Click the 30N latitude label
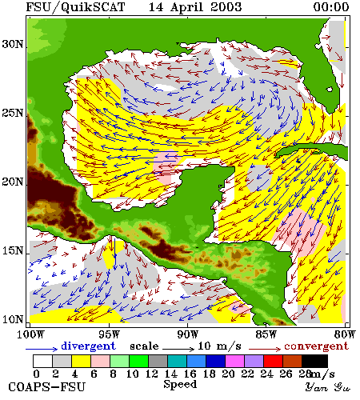(x=13, y=44)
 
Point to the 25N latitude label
(x=13, y=113)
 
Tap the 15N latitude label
(x=13, y=250)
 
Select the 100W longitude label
(x=30, y=334)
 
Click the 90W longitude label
(x=188, y=334)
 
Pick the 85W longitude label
(x=266, y=334)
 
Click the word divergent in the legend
(x=88, y=346)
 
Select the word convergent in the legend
(x=317, y=346)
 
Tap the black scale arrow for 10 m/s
(x=178, y=349)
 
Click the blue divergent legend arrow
(x=42, y=349)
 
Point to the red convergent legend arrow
(x=265, y=349)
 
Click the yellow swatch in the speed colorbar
(x=81, y=361)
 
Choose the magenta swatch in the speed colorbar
(x=234, y=361)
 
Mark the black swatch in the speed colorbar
(x=314, y=361)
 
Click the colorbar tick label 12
(x=152, y=374)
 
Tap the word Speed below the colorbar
(x=180, y=385)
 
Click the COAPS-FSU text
(x=47, y=387)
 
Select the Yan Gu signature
(x=328, y=387)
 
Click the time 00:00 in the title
(x=331, y=7)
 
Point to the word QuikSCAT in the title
(x=93, y=7)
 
